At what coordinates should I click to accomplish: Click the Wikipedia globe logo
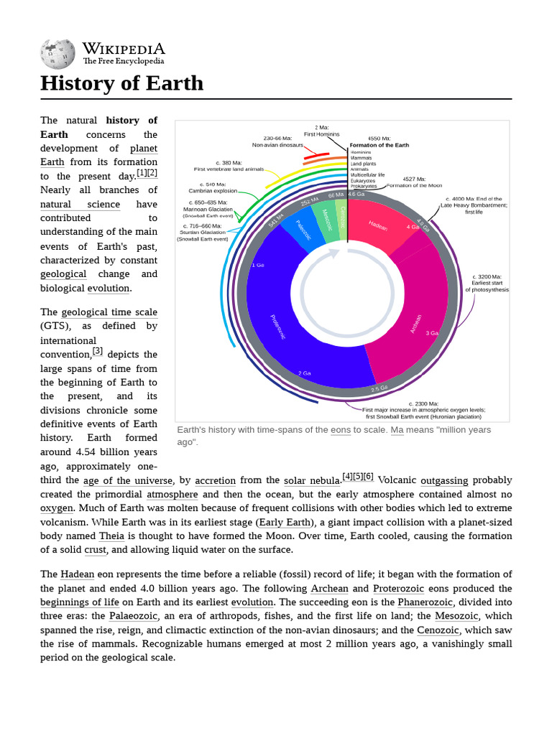pyautogui.click(x=57, y=53)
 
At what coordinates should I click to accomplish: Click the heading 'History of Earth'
pyautogui.click(x=121, y=83)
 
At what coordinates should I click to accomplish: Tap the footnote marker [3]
pyautogui.click(x=97, y=352)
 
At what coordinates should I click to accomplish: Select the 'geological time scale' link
pyautogui.click(x=109, y=312)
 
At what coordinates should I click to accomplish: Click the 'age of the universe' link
pyautogui.click(x=128, y=481)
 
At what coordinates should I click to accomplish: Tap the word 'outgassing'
pyautogui.click(x=444, y=481)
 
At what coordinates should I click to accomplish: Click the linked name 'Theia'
pyautogui.click(x=111, y=536)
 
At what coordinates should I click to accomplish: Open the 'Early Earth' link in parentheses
pyautogui.click(x=285, y=523)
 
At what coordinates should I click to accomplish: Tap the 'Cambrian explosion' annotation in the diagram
pyautogui.click(x=213, y=191)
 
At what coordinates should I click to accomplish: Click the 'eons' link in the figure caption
pyautogui.click(x=340, y=430)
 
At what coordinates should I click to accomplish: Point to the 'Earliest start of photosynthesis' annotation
pyautogui.click(x=487, y=286)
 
